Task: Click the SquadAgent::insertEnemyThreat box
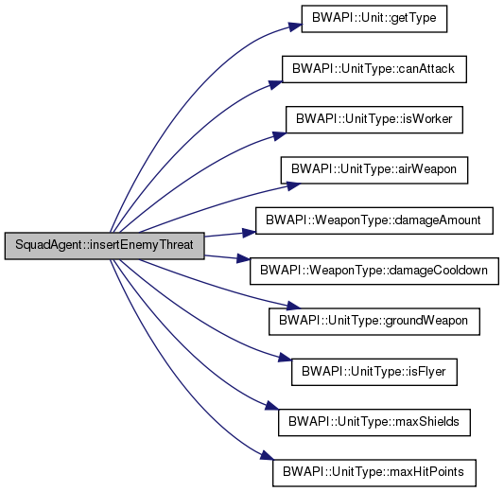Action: pos(104,246)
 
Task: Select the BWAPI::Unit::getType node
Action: pos(374,19)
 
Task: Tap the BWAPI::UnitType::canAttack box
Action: pos(374,69)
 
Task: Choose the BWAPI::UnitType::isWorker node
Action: pos(374,119)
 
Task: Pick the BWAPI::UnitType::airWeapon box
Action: pos(374,170)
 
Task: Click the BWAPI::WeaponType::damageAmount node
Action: pos(374,220)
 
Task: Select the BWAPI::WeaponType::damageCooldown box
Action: pos(374,271)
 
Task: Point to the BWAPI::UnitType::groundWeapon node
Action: pos(374,322)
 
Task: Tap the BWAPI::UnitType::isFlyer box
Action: pos(374,372)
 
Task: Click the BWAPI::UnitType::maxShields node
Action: pos(374,422)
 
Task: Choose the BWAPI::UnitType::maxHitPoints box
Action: pos(374,473)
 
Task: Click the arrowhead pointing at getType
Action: pos(295,26)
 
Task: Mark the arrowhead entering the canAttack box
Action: pos(275,84)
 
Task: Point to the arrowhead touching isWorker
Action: pos(279,136)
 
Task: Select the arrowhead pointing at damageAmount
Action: pos(249,233)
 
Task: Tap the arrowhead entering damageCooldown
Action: pos(243,258)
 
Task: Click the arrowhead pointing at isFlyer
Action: pos(286,358)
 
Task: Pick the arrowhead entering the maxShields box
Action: pos(271,406)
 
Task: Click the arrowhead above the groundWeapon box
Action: pos(293,306)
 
